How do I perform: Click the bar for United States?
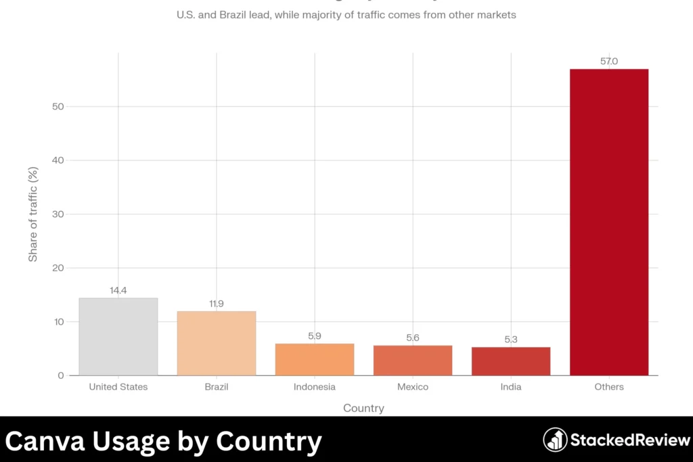[x=118, y=337]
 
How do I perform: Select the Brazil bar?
[x=217, y=343]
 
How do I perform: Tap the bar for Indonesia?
[x=315, y=359]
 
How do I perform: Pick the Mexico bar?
[x=413, y=360]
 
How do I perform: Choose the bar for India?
[x=511, y=361]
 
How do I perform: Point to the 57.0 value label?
[x=609, y=62]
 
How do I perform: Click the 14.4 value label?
[x=118, y=290]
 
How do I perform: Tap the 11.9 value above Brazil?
[x=217, y=304]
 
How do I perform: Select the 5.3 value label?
[x=511, y=340]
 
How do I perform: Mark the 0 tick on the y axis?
[x=60, y=375]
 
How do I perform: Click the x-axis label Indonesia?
[x=315, y=387]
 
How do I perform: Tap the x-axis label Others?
[x=609, y=387]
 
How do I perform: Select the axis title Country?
[x=363, y=408]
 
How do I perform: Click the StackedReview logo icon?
[x=555, y=440]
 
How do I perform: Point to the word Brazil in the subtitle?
[x=234, y=15]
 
